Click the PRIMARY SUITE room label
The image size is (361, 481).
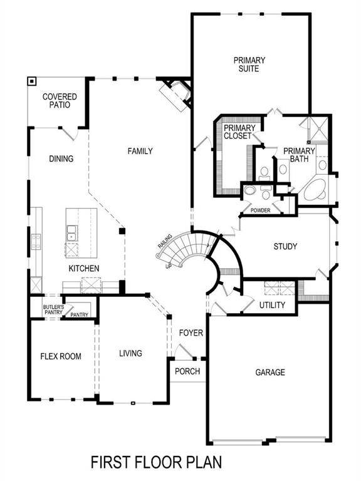(249, 65)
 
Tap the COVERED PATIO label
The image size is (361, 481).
(60, 101)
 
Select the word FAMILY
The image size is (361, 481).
(140, 151)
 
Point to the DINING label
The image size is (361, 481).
(61, 159)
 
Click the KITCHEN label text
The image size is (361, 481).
(84, 269)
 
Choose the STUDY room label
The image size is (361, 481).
(285, 246)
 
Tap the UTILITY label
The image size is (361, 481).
(272, 305)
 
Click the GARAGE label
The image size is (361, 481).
(270, 372)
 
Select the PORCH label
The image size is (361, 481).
(187, 371)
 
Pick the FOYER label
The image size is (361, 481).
(191, 333)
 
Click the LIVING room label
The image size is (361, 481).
(130, 353)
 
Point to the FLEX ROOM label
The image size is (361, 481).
(61, 356)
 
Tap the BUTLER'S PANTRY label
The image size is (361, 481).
(53, 309)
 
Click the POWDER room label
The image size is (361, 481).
(260, 210)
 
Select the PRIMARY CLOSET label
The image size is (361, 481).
(238, 132)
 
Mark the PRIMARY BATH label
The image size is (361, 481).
(299, 155)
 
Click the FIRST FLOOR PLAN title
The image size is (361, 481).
(156, 463)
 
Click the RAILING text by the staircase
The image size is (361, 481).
(165, 246)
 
